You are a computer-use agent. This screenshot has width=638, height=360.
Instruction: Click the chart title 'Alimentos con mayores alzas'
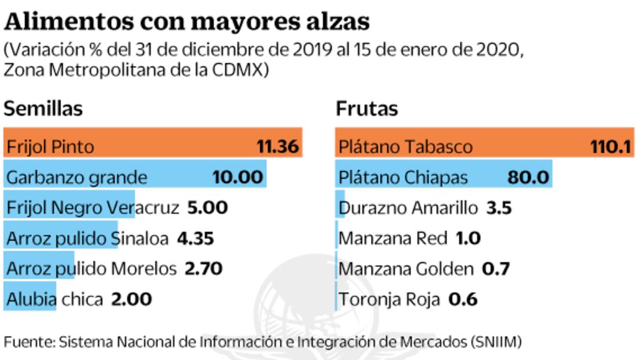[186, 21]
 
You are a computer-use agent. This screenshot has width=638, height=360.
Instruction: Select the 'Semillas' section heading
[43, 109]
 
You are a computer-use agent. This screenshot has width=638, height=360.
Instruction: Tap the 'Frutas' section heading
[367, 109]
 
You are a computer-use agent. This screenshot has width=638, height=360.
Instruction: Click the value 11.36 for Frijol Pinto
[277, 146]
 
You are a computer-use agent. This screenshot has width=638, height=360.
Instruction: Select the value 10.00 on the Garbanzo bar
[237, 177]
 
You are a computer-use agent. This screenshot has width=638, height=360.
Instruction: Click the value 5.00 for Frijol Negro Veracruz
[207, 207]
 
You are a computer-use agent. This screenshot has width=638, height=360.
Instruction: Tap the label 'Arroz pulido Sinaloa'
[87, 238]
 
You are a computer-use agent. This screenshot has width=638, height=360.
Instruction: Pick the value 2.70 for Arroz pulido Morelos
[203, 269]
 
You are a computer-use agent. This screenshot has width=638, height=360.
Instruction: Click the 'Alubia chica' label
[55, 300]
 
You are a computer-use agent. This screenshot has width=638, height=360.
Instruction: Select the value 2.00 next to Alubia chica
[131, 300]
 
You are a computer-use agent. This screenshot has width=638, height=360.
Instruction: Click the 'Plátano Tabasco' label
[405, 146]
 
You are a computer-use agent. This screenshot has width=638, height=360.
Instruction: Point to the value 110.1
[610, 146]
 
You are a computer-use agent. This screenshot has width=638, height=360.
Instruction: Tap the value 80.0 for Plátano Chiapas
[528, 177]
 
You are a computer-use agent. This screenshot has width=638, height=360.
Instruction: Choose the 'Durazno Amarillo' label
[408, 207]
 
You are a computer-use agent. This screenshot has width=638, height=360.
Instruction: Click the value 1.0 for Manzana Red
[468, 238]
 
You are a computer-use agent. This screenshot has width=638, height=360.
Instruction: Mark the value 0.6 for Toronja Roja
[463, 300]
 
